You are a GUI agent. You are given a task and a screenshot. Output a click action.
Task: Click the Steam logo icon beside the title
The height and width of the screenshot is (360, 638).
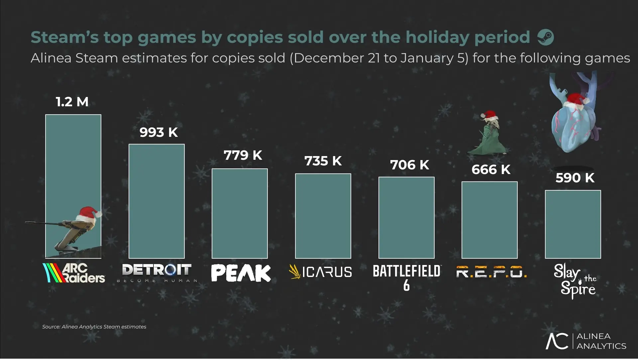(545, 37)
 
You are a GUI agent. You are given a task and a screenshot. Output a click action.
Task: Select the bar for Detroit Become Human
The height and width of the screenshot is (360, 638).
(157, 201)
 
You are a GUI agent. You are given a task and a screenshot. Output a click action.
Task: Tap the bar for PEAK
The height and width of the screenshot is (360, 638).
(240, 213)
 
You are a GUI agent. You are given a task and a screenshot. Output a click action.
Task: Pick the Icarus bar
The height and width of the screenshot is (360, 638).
(323, 216)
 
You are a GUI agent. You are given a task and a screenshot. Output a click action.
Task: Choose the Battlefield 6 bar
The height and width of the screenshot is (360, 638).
(406, 218)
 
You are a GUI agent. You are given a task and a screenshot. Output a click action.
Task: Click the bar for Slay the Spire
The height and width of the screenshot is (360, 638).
(573, 224)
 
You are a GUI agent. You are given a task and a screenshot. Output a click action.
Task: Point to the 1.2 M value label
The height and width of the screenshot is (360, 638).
(72, 102)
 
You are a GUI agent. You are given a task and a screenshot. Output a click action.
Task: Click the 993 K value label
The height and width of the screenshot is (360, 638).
(159, 132)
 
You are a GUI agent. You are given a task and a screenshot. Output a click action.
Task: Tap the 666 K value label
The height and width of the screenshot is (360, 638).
(491, 169)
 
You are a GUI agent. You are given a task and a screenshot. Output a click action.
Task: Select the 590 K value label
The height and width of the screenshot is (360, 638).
(575, 178)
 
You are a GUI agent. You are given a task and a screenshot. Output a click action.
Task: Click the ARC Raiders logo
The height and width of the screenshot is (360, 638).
(74, 273)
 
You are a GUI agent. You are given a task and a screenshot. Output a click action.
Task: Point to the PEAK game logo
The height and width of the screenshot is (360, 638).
(241, 273)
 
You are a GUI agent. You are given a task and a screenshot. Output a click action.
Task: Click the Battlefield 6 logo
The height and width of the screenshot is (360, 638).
(407, 277)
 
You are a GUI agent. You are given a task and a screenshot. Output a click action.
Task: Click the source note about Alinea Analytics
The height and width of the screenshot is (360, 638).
(94, 327)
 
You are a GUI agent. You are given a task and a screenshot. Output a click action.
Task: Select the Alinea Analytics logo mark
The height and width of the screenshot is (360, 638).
(557, 341)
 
